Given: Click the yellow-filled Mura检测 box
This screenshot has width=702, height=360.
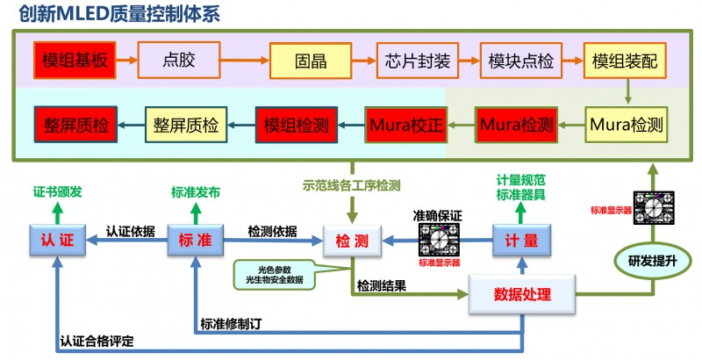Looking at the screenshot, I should tap(625, 124).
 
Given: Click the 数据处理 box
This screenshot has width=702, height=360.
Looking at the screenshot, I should tap(522, 294).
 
